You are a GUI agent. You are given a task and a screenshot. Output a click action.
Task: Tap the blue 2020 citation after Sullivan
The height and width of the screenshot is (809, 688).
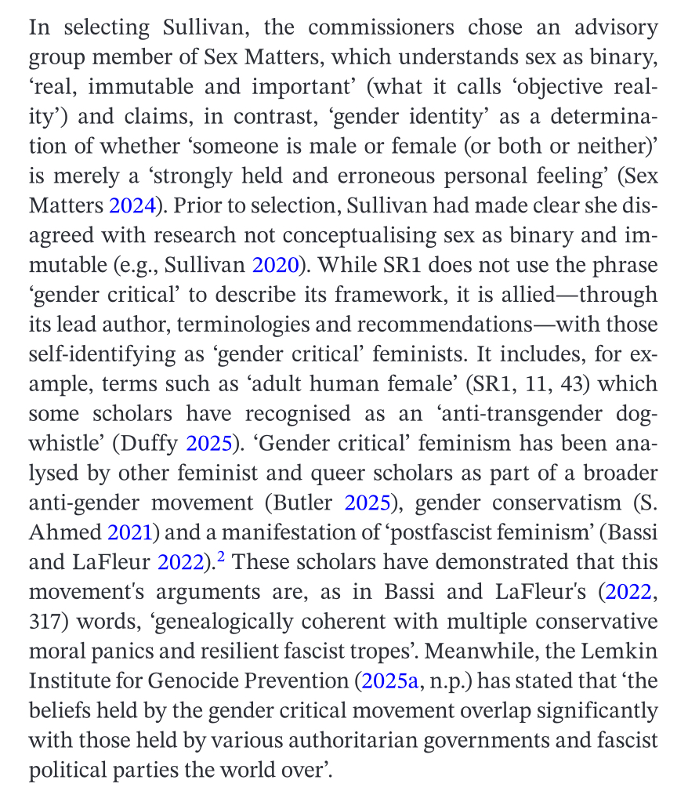(275, 264)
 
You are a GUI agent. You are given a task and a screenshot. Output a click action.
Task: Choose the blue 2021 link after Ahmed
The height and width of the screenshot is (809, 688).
(129, 531)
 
